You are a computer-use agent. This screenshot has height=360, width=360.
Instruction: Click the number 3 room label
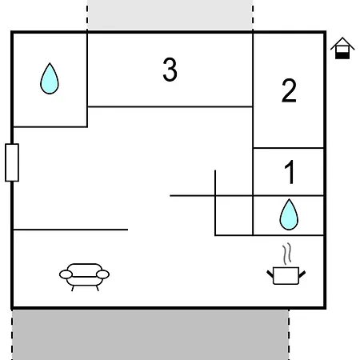(x=170, y=70)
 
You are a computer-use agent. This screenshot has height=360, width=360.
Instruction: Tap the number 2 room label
(x=289, y=90)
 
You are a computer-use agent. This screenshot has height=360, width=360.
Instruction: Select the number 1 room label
(x=290, y=172)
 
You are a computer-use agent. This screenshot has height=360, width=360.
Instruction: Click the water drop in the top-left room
(x=50, y=78)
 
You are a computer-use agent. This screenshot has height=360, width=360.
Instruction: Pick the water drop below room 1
(x=289, y=214)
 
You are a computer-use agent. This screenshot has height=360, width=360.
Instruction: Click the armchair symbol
(x=84, y=277)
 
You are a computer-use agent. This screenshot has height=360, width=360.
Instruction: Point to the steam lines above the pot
(x=287, y=254)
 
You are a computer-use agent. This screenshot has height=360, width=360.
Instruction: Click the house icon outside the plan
(x=342, y=48)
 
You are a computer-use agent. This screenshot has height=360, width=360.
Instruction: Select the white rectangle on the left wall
(x=12, y=162)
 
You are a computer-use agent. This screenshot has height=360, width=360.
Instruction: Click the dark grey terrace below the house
(x=150, y=334)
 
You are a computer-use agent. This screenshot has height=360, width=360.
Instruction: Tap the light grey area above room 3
(x=170, y=15)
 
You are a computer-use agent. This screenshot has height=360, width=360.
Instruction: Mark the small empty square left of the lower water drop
(x=234, y=215)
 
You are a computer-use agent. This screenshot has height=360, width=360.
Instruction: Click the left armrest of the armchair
(x=66, y=274)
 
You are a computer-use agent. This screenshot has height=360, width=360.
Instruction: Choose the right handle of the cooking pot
(x=302, y=274)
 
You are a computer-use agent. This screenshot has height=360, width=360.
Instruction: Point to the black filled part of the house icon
(x=342, y=55)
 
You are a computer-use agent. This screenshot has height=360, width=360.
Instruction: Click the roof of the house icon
(x=342, y=43)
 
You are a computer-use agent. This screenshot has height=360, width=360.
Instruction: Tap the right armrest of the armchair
(x=102, y=274)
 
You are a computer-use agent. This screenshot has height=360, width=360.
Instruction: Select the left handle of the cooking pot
(x=270, y=274)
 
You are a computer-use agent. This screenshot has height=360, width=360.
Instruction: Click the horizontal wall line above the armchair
(x=70, y=230)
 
